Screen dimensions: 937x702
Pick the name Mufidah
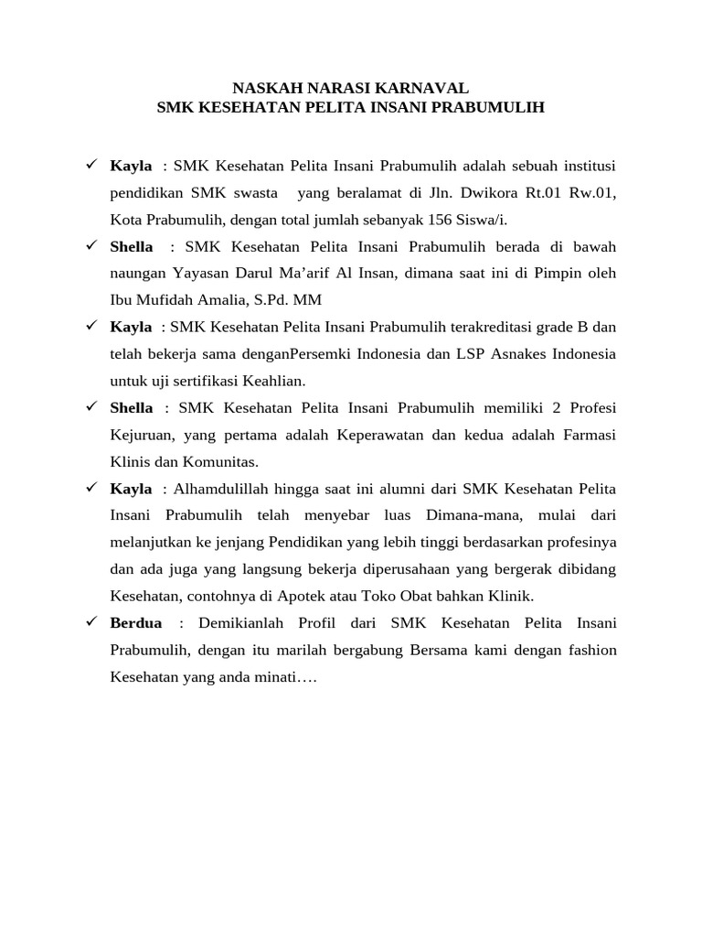pyautogui.click(x=171, y=300)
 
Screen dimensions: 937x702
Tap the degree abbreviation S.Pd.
pyautogui.click(x=274, y=300)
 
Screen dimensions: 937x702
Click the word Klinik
pyautogui.click(x=511, y=596)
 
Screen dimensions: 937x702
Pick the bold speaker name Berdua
pyautogui.click(x=136, y=623)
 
